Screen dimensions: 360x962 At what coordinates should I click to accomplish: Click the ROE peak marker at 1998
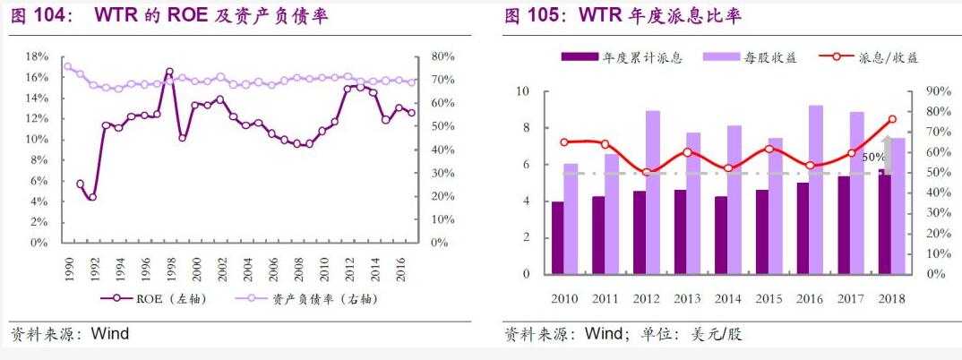pyautogui.click(x=169, y=71)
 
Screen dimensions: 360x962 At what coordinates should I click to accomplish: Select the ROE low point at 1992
pyautogui.click(x=92, y=197)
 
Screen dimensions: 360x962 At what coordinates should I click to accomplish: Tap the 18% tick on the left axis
pyautogui.click(x=36, y=56)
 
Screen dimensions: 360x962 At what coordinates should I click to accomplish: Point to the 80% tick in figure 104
pyautogui.click(x=442, y=56)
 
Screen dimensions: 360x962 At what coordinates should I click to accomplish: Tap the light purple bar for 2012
pyautogui.click(x=653, y=193)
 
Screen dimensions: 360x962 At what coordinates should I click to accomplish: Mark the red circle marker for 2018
pyautogui.click(x=892, y=119)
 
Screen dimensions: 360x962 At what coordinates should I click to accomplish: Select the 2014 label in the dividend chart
pyautogui.click(x=727, y=298)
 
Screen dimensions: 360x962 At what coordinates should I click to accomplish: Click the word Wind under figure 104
pyautogui.click(x=110, y=334)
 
